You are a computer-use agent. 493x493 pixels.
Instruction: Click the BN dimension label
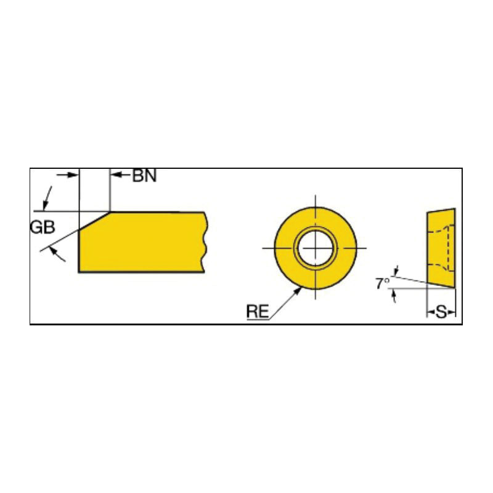pos(144,176)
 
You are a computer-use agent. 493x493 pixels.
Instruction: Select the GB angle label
pos(43,227)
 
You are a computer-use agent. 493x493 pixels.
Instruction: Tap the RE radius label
pos(258,311)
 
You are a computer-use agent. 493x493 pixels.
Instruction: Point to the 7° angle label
pos(383,283)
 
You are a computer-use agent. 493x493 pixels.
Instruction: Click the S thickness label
pos(441,312)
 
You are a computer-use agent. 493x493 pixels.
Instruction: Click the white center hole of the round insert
pos(316,248)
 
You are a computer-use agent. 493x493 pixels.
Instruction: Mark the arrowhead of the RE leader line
pos(297,291)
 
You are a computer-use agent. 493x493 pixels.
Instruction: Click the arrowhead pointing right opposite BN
pos(73,174)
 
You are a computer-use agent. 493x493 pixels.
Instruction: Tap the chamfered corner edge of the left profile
pos(94,221)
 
